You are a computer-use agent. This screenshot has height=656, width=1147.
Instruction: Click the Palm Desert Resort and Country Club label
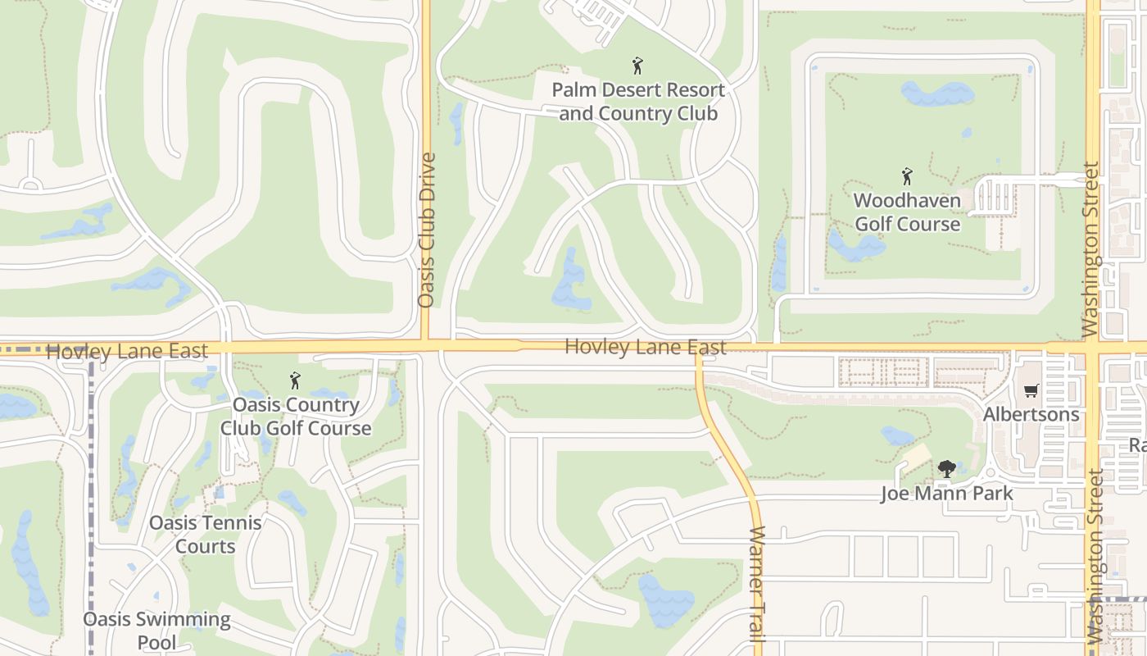pos(638,102)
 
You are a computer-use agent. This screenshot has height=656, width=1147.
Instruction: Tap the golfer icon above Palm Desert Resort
pos(637,66)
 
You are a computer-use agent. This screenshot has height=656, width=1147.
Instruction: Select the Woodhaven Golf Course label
pos(907,212)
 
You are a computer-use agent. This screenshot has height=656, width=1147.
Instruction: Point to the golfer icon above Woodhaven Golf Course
pos(907,176)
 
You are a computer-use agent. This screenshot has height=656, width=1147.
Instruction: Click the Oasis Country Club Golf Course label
pos(296,417)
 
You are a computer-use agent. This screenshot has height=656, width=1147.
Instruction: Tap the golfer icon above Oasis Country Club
pos(295,380)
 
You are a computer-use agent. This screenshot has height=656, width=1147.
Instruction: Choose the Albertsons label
pos(1031,414)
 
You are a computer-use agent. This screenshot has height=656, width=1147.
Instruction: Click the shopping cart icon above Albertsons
pos(1031,391)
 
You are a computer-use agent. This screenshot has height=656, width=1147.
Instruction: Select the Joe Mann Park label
pos(946,494)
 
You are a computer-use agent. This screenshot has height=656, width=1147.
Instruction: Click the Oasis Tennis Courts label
pos(206,535)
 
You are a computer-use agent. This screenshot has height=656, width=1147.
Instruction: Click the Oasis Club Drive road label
pos(426,230)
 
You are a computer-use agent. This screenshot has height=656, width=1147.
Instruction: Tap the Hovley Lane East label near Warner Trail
pos(646,348)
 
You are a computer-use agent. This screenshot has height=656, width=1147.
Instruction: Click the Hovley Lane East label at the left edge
pos(127,351)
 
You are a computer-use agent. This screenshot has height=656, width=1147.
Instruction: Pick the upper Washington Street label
pos(1090,250)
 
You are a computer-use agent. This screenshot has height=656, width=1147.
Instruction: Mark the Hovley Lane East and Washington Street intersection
pos(1093,348)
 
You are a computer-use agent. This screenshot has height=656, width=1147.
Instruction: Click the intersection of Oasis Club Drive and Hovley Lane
pos(426,346)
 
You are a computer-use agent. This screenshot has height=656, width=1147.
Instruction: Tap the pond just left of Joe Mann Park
pos(896,435)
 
